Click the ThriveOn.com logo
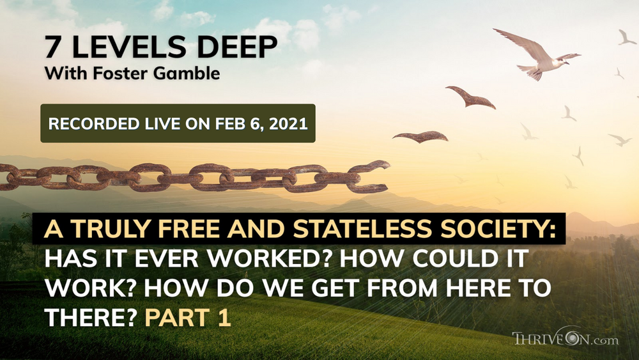tap(565, 339)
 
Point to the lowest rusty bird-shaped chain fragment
tap(420, 136)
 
